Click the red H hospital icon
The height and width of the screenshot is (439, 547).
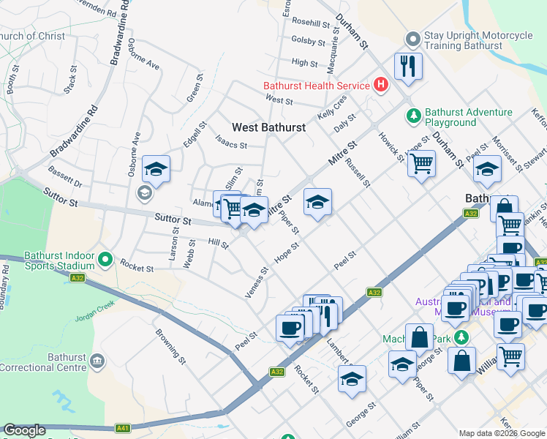click(380, 86)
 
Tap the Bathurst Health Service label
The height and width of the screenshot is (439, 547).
click(317, 86)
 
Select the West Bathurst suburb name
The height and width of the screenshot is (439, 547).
click(268, 127)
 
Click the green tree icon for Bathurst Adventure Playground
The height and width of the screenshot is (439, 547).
click(413, 116)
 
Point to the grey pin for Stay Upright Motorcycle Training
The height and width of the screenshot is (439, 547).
click(413, 37)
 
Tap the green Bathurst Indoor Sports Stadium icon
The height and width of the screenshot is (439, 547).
click(105, 258)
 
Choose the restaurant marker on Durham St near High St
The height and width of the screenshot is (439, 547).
click(407, 67)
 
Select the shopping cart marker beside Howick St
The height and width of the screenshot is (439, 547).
click(421, 165)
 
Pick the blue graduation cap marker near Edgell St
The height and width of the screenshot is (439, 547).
click(156, 170)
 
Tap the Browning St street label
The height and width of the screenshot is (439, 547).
click(167, 345)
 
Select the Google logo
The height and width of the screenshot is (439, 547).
click(24, 431)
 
